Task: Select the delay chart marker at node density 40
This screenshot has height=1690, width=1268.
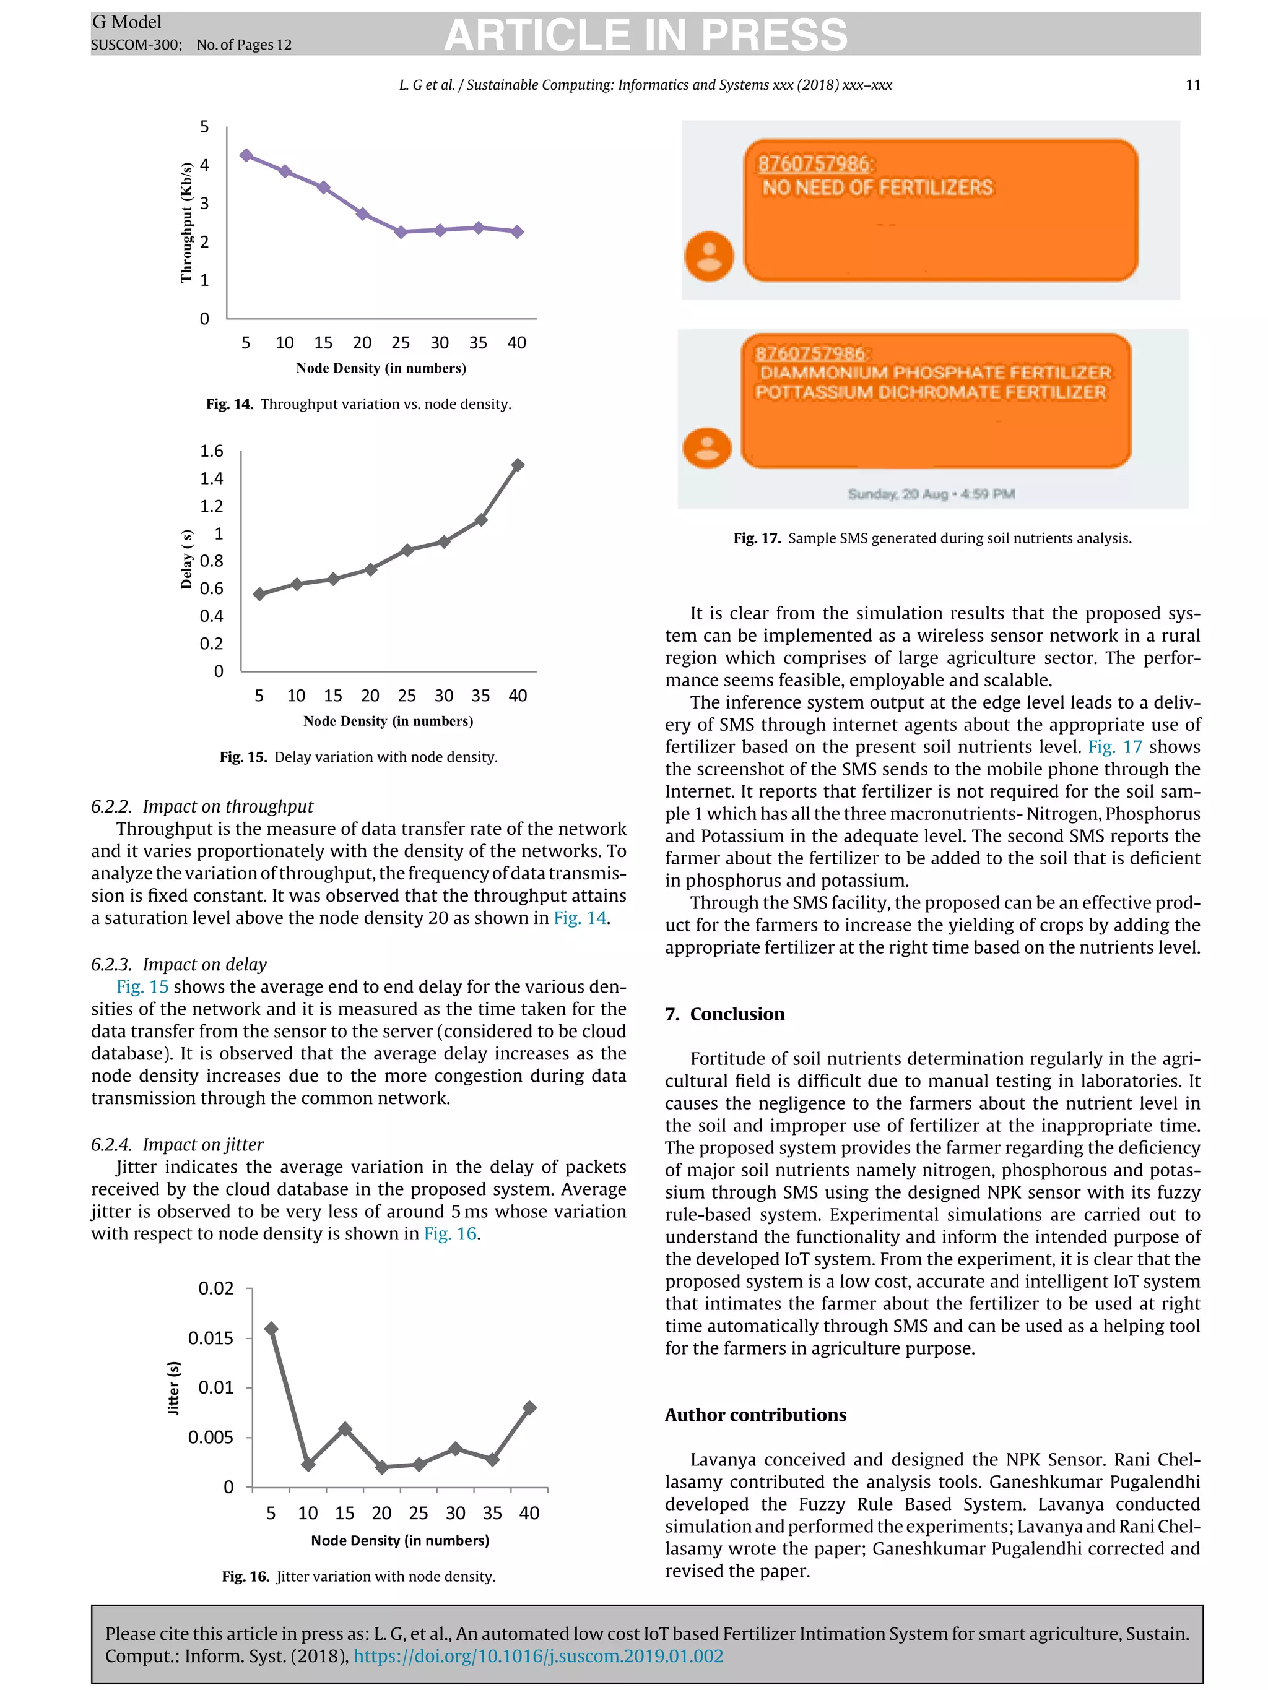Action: click(x=518, y=465)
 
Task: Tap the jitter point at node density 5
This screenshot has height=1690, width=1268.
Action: click(x=271, y=1329)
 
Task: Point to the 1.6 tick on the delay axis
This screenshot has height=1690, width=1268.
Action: click(x=212, y=451)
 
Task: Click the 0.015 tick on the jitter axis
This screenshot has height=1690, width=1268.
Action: click(x=211, y=1338)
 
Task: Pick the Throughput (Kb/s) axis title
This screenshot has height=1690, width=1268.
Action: click(x=186, y=222)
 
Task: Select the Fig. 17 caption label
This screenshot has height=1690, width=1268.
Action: click(x=757, y=538)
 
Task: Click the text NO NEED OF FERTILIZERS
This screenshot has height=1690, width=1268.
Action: click(x=877, y=188)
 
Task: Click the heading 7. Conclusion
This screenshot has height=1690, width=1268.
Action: click(x=724, y=1014)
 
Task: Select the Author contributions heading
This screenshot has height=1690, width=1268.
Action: click(x=755, y=1415)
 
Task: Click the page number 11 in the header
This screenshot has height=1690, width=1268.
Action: click(x=1192, y=85)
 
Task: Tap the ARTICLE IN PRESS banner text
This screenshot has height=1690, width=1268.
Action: click(x=646, y=35)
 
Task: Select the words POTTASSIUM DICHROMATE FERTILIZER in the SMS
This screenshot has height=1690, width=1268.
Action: click(x=930, y=392)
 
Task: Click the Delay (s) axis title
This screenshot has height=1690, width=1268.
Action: click(x=186, y=559)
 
